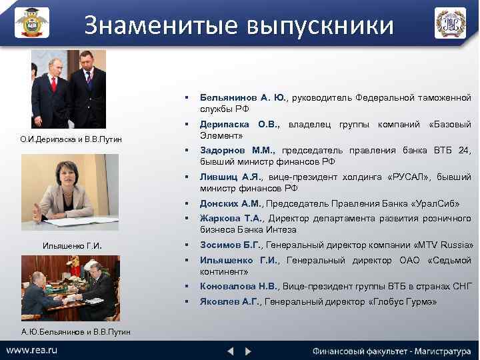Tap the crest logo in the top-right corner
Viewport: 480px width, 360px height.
pyautogui.click(x=451, y=23)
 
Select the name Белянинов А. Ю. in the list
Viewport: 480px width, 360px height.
pyautogui.click(x=243, y=97)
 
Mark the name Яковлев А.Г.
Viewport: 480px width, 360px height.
pyautogui.click(x=230, y=301)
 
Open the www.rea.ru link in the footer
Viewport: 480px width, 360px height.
pyautogui.click(x=31, y=351)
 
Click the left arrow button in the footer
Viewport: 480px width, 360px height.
pyautogui.click(x=230, y=351)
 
